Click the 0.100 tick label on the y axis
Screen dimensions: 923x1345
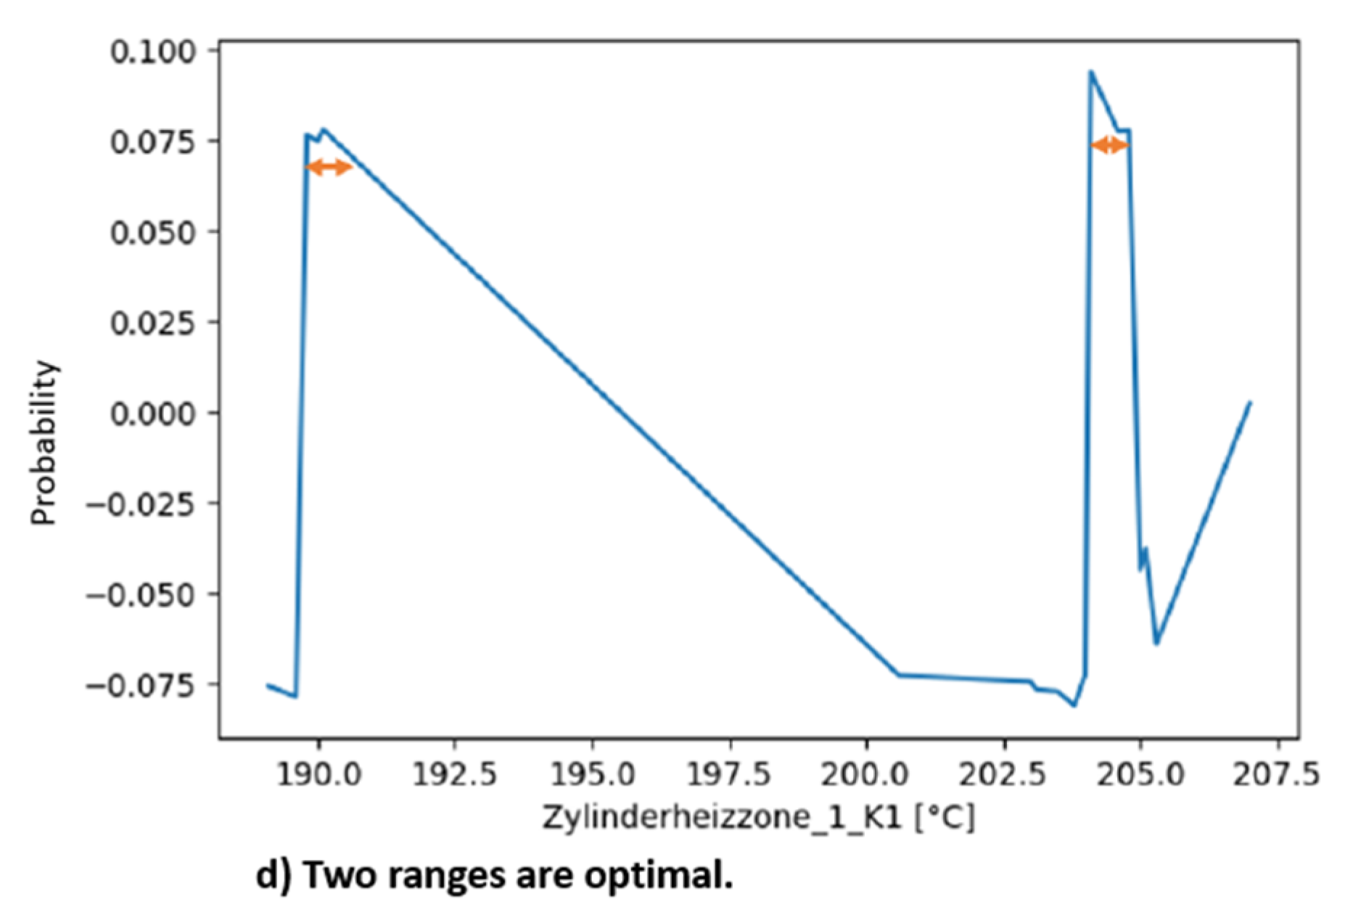[x=153, y=52]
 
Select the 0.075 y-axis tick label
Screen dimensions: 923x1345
[x=153, y=141]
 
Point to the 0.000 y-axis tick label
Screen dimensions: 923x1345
[x=153, y=414]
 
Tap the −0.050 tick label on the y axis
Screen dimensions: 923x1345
[x=141, y=595]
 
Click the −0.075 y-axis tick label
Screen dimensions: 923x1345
[x=141, y=686]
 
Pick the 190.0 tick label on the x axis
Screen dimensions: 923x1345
[x=318, y=775]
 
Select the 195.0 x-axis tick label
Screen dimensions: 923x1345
[x=593, y=775]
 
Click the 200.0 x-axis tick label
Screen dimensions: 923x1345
[x=866, y=775]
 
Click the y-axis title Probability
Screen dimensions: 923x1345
[x=44, y=443]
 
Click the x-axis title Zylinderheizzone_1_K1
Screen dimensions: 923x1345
[x=722, y=818]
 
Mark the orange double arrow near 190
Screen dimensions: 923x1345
[x=329, y=168]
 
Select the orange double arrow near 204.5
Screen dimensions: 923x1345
[x=1109, y=146]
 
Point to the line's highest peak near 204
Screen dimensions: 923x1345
[x=1090, y=72]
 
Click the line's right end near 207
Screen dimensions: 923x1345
[x=1249, y=403]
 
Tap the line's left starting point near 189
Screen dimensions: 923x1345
[x=268, y=685]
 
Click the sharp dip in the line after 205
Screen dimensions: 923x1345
[x=1156, y=643]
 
